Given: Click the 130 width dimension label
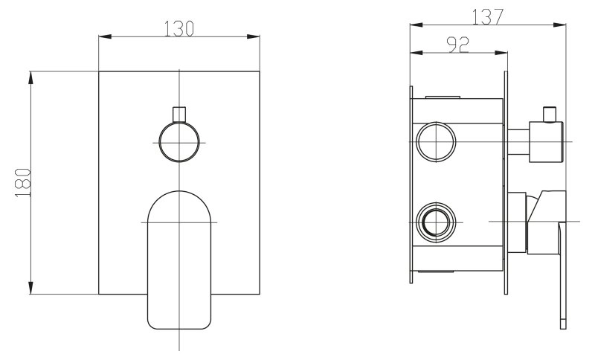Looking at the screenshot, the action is pyautogui.click(x=179, y=28).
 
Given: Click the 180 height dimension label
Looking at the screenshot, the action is pyautogui.click(x=23, y=183).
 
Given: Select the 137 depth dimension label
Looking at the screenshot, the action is pyautogui.click(x=488, y=16).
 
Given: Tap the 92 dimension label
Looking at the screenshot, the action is pyautogui.click(x=458, y=45).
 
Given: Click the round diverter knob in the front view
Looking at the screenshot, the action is pyautogui.click(x=179, y=142).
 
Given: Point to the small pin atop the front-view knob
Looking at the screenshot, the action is pyautogui.click(x=179, y=115).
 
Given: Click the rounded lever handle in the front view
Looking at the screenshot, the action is pyautogui.click(x=179, y=260).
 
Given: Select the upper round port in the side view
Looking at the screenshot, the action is pyautogui.click(x=436, y=142).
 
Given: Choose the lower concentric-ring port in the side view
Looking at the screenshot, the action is pyautogui.click(x=436, y=222).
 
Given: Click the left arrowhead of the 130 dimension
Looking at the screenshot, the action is pyautogui.click(x=105, y=36).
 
